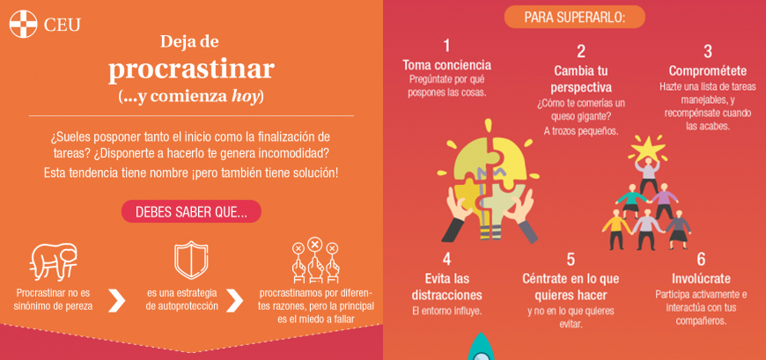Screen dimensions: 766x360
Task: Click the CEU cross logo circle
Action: coord(23,24)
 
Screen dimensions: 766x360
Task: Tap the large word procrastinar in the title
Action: coord(191,70)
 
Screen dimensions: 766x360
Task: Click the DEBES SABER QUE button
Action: coord(191,211)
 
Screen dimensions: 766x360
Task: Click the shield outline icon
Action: coord(191,260)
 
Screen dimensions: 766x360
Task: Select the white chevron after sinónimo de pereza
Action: coord(116,300)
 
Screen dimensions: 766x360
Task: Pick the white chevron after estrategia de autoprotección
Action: coord(234,300)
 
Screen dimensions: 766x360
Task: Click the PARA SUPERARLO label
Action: coord(574,17)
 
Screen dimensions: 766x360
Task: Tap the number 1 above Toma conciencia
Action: coord(446,46)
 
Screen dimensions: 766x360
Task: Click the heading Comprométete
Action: coord(707,70)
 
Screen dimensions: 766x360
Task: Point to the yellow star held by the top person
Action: coord(648,146)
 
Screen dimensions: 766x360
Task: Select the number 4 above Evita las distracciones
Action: coord(446,259)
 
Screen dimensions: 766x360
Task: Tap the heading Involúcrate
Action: coord(701,278)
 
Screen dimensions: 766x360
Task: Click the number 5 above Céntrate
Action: coord(571,259)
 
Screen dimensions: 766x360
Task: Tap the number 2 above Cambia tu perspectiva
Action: coord(581,51)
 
